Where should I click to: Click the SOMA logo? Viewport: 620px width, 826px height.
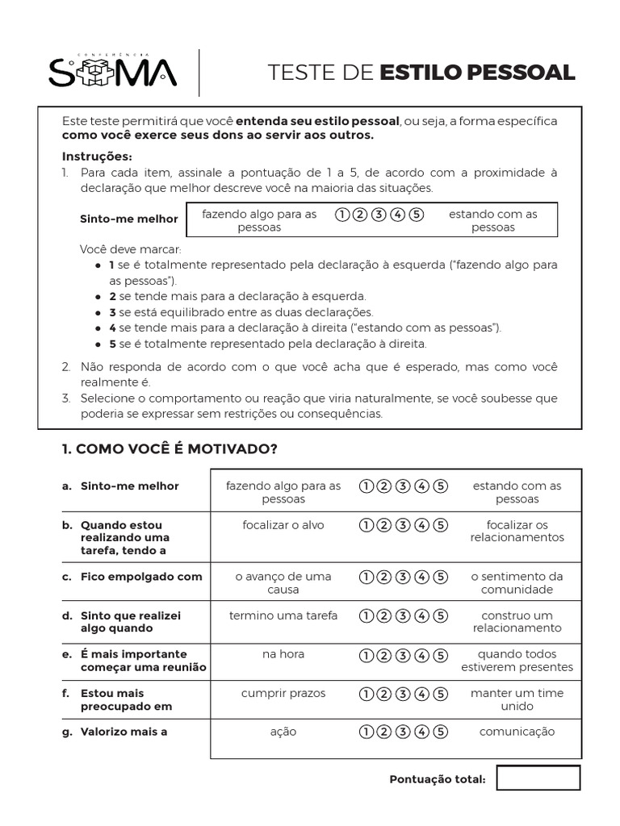pos(112,72)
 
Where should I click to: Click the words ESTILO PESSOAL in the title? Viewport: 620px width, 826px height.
pos(477,72)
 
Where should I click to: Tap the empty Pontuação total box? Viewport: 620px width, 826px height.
pos(538,778)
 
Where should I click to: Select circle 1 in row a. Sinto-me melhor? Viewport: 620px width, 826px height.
pos(366,486)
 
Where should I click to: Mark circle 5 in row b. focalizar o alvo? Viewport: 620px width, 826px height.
pos(440,525)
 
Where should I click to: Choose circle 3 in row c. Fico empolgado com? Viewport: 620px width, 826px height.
pos(403,577)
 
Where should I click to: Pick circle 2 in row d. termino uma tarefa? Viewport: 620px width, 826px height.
pos(384,615)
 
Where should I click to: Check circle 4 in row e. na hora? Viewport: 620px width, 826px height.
pos(421,654)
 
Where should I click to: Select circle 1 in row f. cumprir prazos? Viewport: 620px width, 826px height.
pos(366,693)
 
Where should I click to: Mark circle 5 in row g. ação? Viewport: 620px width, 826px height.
pos(440,732)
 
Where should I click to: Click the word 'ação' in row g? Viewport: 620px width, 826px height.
pos(283,732)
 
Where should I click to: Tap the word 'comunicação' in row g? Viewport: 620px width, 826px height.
pos(517,732)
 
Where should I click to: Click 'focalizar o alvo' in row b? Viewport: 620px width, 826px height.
pos(283,525)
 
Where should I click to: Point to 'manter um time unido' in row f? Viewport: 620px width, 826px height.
pos(517,699)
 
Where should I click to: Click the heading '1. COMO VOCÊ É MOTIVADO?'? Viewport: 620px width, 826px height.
pos(170,449)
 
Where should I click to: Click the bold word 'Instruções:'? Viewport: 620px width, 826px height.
pos(97,156)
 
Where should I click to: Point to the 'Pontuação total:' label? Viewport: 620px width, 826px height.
pos(437,779)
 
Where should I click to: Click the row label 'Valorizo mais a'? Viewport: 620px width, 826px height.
pos(124,732)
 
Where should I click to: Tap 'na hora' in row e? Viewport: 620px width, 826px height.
pos(283,654)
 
